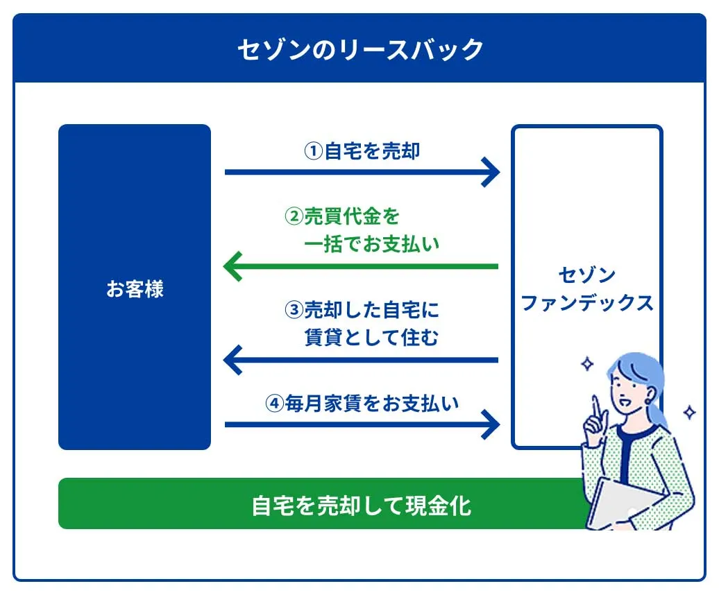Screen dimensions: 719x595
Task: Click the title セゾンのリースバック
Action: [360, 49]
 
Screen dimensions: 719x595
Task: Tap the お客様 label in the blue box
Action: [135, 289]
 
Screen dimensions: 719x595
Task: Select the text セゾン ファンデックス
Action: [587, 289]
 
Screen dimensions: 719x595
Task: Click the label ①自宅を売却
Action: [362, 150]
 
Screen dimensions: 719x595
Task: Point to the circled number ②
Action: [294, 216]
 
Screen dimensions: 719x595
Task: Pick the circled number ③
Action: [294, 310]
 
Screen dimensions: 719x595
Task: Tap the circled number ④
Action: [275, 403]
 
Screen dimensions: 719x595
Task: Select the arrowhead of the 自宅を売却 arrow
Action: [490, 172]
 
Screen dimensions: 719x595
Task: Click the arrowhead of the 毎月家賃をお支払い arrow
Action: [490, 424]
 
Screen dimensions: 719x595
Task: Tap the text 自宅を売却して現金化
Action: [362, 506]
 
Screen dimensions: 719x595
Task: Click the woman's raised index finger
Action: [597, 407]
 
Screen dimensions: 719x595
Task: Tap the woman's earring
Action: [648, 402]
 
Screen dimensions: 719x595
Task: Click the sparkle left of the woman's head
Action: [587, 364]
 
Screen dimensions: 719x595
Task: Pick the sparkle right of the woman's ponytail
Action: [689, 412]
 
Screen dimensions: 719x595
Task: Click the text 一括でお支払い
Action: [371, 243]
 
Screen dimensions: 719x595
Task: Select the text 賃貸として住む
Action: [371, 337]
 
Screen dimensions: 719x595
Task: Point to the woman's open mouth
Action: [625, 403]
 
